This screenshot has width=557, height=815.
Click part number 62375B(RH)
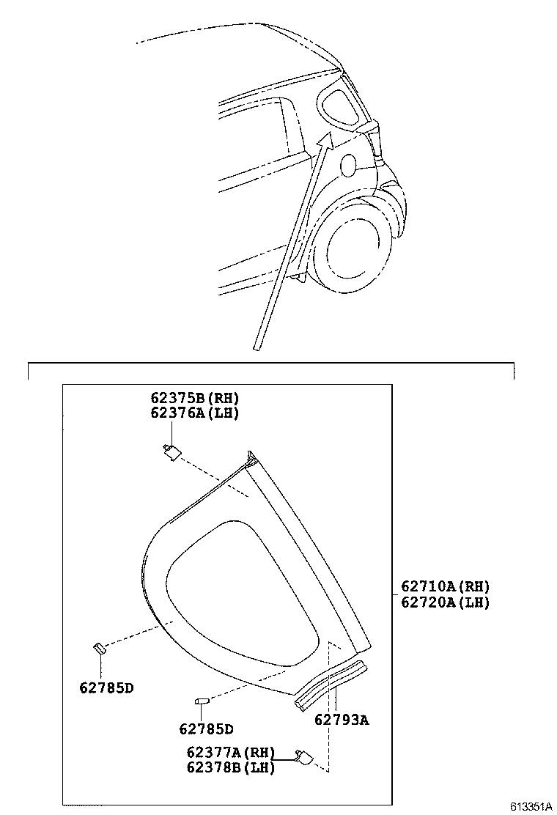click(x=195, y=399)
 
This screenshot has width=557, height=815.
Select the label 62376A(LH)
click(x=195, y=413)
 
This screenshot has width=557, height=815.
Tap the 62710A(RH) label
click(x=445, y=586)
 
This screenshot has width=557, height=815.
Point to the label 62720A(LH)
click(x=445, y=602)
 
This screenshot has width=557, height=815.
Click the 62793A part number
click(x=342, y=720)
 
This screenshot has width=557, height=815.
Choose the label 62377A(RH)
click(x=230, y=753)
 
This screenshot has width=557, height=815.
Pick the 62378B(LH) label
click(x=230, y=767)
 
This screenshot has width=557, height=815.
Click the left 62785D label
click(x=106, y=687)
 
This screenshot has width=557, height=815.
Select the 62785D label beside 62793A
click(x=206, y=729)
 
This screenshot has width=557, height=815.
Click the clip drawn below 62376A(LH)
click(x=171, y=451)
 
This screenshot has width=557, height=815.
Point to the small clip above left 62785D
click(x=99, y=646)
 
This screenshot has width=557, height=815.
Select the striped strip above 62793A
click(x=331, y=685)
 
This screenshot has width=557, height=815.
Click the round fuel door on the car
click(x=349, y=165)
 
